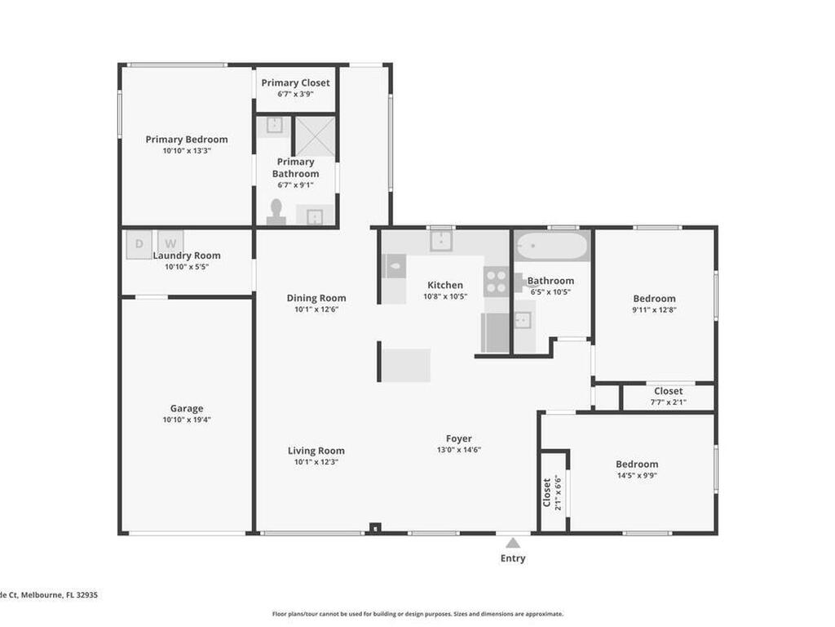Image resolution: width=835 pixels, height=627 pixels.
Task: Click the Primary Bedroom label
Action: click(x=187, y=140)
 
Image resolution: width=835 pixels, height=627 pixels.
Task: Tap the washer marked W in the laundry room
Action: click(x=170, y=243)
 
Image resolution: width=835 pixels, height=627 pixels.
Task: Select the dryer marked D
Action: click(x=138, y=243)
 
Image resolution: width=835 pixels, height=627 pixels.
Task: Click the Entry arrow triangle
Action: click(x=513, y=543)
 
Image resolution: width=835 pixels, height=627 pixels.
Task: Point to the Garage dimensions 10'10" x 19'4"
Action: click(x=187, y=420)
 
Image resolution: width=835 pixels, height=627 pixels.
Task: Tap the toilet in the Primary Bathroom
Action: click(x=276, y=212)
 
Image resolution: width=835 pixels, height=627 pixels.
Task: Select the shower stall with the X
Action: click(x=315, y=136)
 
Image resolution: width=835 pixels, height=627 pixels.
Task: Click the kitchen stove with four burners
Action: click(x=495, y=282)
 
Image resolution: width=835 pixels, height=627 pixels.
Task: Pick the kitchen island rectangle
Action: click(x=406, y=364)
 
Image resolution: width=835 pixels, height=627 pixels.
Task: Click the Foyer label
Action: click(x=458, y=438)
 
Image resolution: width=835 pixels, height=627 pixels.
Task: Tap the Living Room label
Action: click(x=316, y=451)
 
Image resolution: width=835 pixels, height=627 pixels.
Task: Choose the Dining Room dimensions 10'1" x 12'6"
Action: click(x=316, y=309)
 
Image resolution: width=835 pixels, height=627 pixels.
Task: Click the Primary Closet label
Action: click(x=295, y=82)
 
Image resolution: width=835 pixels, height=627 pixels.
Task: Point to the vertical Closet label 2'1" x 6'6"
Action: click(x=552, y=492)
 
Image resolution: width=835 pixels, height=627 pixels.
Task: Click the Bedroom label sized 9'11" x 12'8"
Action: click(x=654, y=299)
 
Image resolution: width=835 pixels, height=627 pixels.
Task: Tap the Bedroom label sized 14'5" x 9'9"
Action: click(x=637, y=464)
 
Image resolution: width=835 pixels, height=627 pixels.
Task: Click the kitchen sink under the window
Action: click(x=440, y=241)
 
